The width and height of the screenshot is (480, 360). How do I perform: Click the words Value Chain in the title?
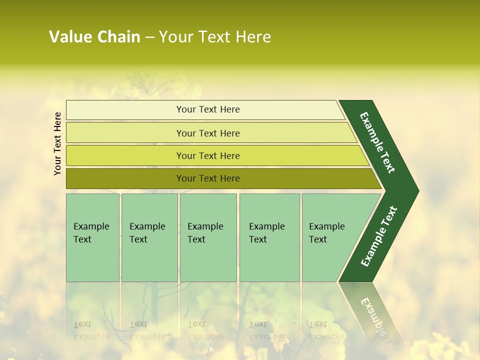[94, 37]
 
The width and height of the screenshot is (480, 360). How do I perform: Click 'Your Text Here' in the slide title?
[215, 37]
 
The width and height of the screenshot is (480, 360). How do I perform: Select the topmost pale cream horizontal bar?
[125, 110]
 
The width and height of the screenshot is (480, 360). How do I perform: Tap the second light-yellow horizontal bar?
[125, 133]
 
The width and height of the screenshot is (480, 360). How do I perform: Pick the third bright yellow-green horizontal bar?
[125, 156]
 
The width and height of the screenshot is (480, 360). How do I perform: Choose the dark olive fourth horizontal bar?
[125, 178]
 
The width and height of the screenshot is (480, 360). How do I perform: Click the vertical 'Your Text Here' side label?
[57, 143]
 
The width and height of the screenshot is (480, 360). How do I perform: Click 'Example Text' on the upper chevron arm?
[377, 142]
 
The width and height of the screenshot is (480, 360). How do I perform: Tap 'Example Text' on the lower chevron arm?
[379, 236]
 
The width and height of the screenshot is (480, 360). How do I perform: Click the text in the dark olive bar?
[208, 178]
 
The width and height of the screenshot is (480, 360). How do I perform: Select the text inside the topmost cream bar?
[208, 109]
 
